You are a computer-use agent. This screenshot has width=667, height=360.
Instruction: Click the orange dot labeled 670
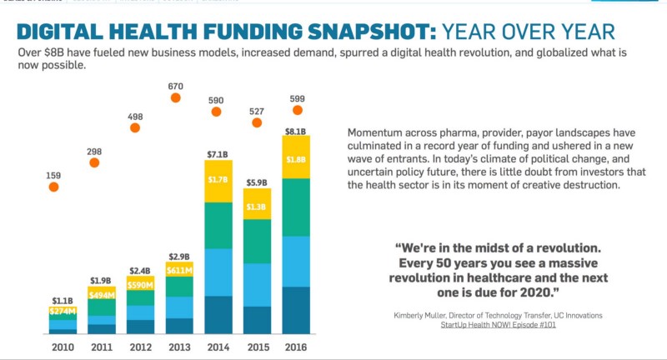click(x=176, y=97)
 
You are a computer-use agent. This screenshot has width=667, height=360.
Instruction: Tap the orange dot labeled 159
click(x=54, y=187)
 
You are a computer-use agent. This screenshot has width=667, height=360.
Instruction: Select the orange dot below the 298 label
click(x=95, y=162)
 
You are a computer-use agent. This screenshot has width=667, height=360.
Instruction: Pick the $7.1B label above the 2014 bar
click(x=218, y=154)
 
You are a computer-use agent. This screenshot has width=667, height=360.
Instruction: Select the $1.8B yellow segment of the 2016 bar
click(x=296, y=157)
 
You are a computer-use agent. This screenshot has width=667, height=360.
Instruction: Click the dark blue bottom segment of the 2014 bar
click(x=218, y=314)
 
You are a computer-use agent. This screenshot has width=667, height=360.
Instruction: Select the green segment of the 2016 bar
click(x=296, y=207)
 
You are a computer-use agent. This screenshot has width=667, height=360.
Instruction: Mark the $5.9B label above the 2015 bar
click(x=258, y=182)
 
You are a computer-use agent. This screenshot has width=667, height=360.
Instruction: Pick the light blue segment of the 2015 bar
click(x=258, y=284)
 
